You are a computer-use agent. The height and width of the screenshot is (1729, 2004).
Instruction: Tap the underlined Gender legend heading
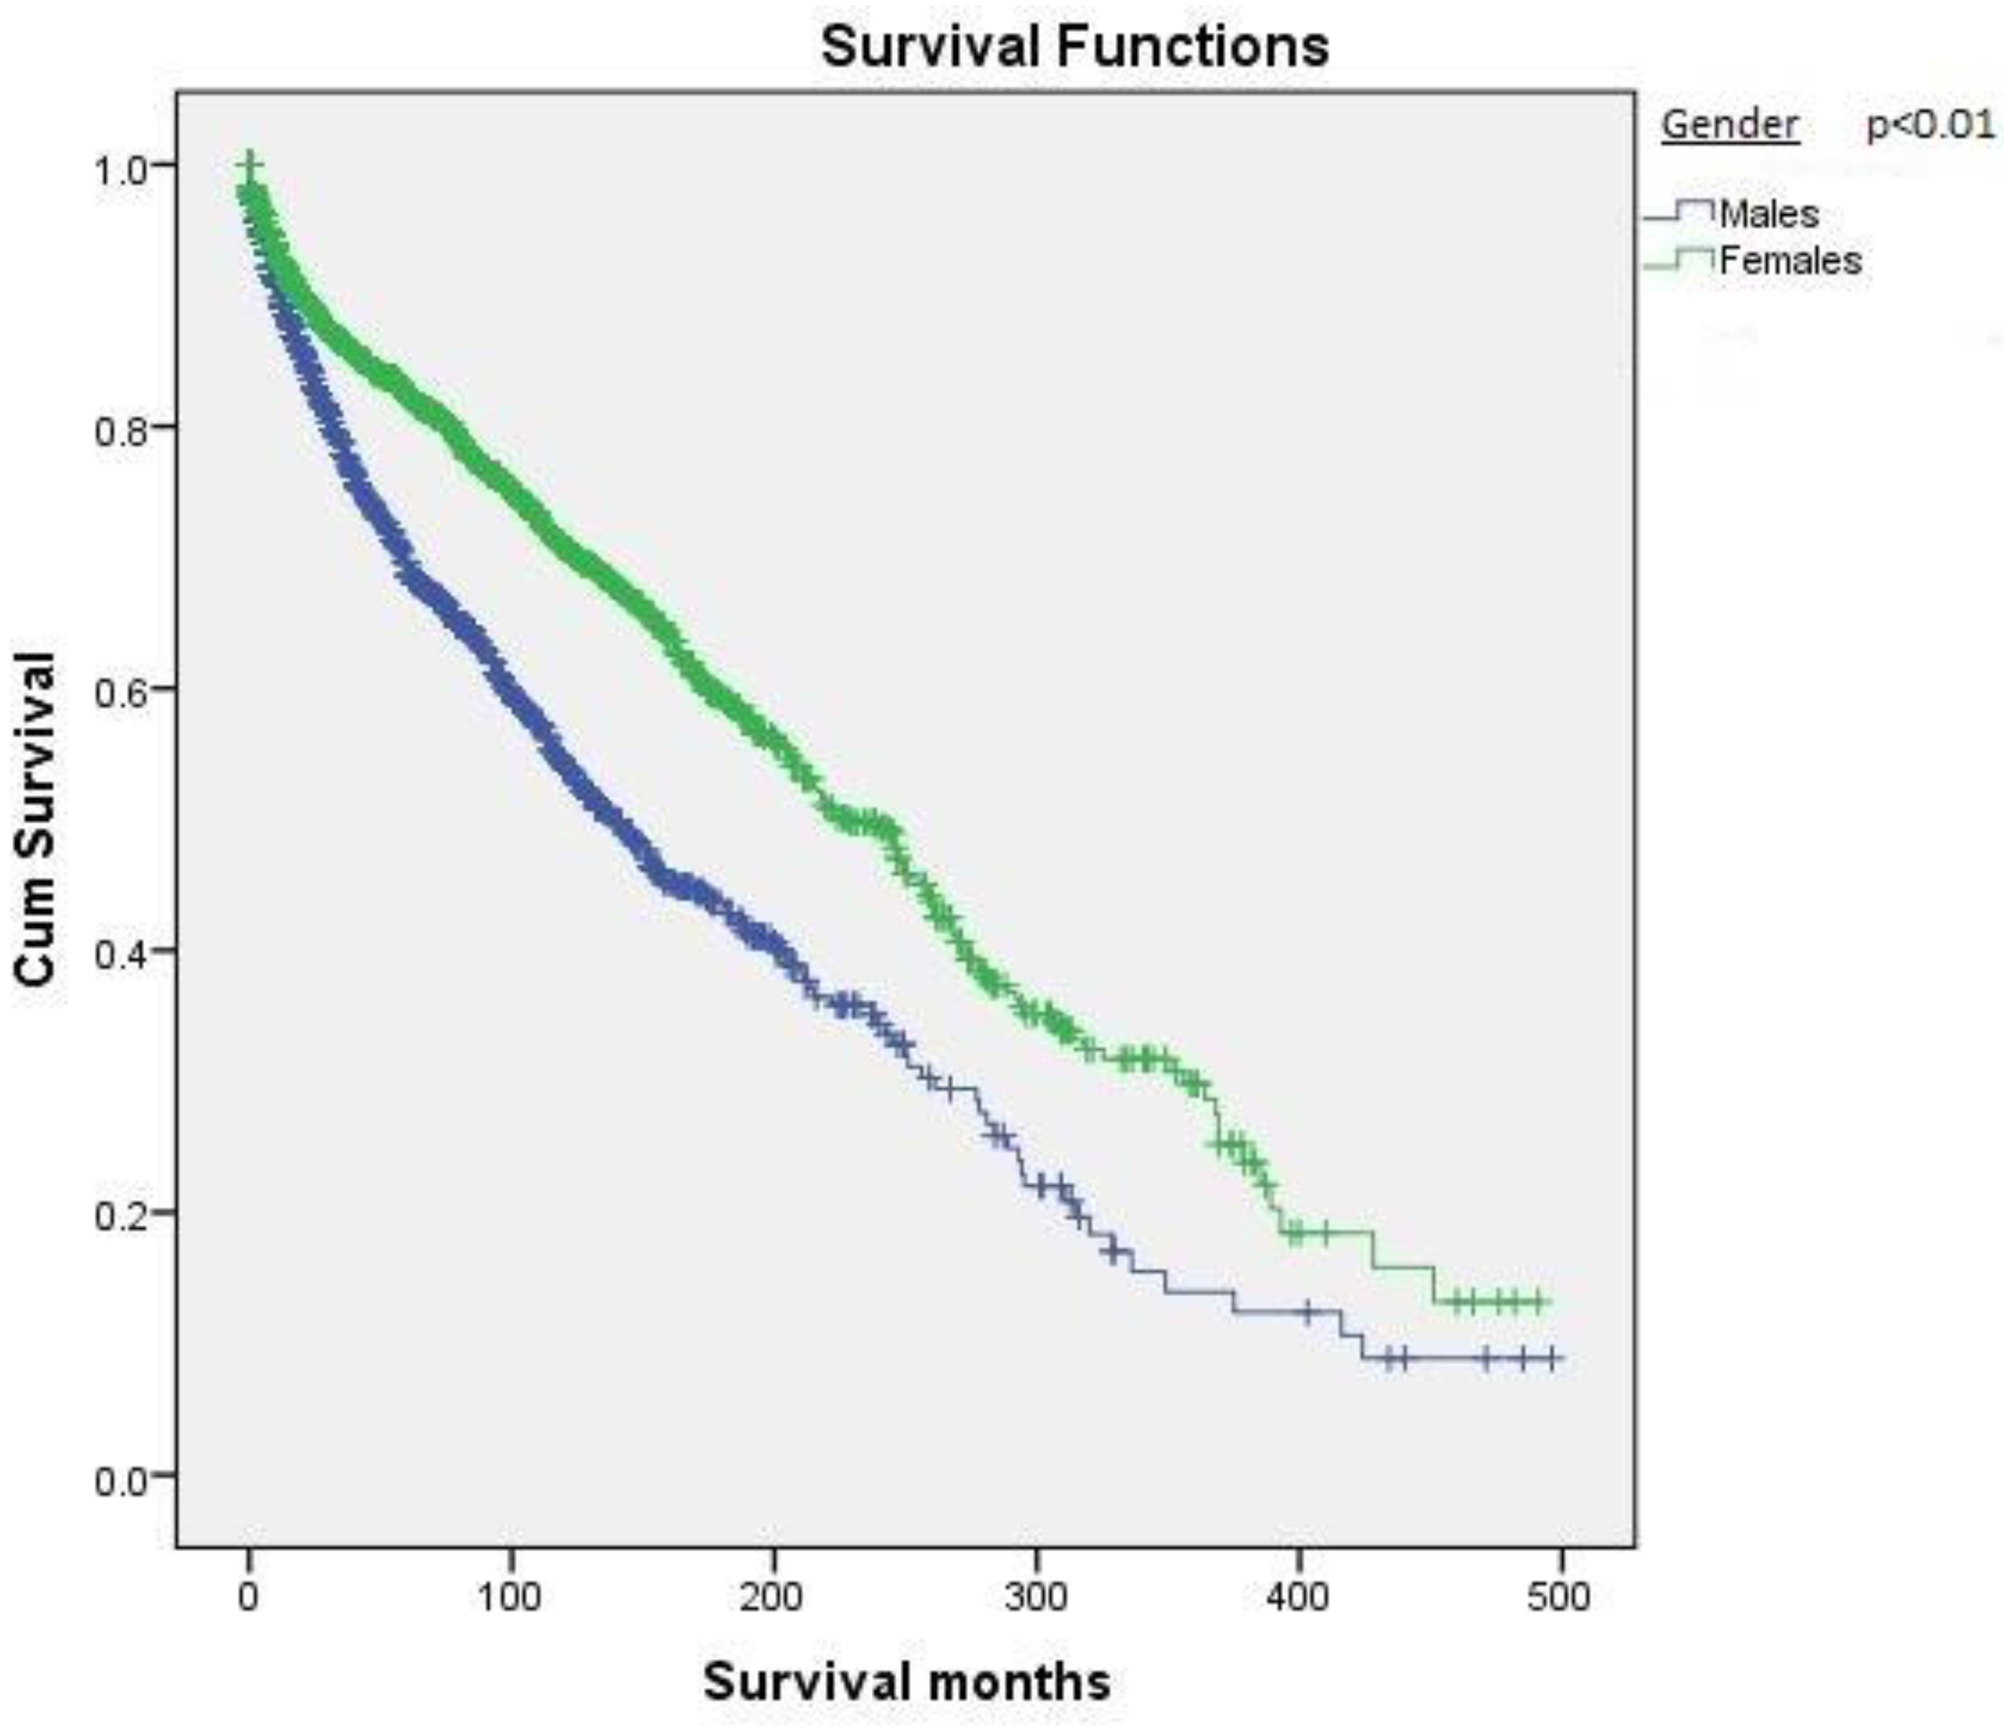1730,124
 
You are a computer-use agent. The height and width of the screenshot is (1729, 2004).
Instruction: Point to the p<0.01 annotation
1930,124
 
